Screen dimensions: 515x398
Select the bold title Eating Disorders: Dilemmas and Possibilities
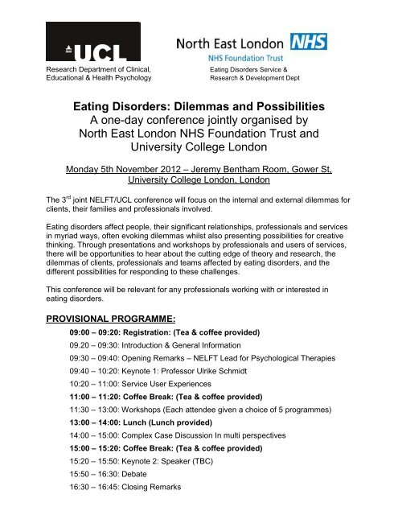coord(199,106)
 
